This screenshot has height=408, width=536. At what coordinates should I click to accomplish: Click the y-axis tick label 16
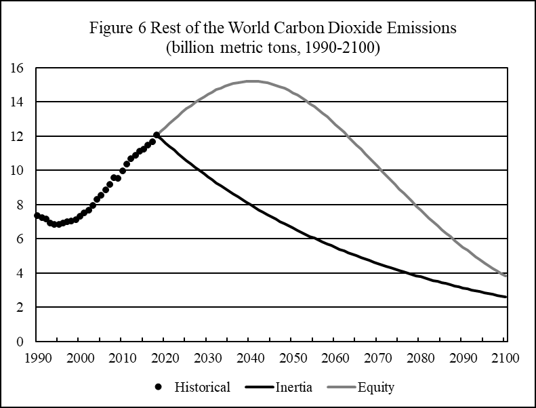[x=18, y=68]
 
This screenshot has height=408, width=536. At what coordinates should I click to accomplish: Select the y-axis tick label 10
[x=18, y=171]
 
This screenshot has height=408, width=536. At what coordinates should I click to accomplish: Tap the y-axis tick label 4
[x=22, y=273]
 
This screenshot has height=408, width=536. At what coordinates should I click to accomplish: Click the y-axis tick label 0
[x=22, y=342]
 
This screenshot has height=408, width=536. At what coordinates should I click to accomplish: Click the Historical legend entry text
[x=203, y=388]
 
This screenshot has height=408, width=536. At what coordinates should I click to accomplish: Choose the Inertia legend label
[x=293, y=388]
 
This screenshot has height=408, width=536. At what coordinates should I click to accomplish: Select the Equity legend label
[x=377, y=388]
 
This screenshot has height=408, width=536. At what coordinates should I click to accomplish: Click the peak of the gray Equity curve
[x=250, y=81]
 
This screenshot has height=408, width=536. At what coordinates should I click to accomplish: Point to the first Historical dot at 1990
[x=37, y=216]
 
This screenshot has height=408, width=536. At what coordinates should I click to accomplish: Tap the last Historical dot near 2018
[x=157, y=135]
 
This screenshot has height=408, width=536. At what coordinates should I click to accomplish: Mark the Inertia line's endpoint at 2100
[x=506, y=297]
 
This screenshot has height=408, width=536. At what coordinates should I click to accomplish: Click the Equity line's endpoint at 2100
[x=506, y=276]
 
